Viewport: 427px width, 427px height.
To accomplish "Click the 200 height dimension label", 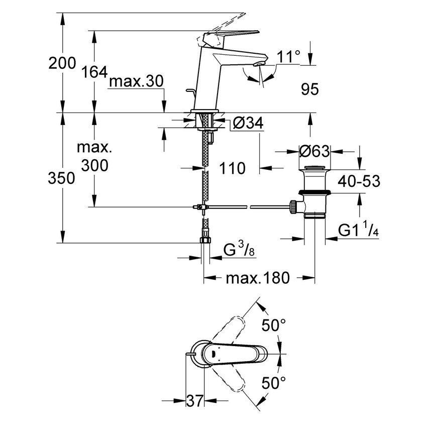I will click(62, 63).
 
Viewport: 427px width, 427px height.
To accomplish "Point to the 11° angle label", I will click(288, 57).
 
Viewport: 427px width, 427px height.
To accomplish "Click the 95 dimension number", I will click(309, 89).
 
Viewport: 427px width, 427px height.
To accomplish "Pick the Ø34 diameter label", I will click(249, 122).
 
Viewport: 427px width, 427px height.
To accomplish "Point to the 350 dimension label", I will click(62, 178).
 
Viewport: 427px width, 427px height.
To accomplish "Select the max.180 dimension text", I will click(258, 278).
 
